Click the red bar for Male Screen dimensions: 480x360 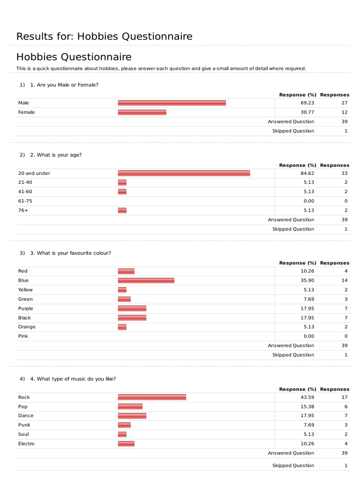pyautogui.click(x=172, y=103)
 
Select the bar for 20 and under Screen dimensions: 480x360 pyautogui.click(x=184, y=173)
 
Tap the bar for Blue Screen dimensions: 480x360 pyautogui.click(x=146, y=280)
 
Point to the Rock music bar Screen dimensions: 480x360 pyautogui.click(x=152, y=397)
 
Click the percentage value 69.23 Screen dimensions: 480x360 pyautogui.click(x=307, y=103)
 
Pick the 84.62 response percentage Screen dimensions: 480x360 pyautogui.click(x=307, y=173)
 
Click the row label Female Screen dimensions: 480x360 pyautogui.click(x=26, y=112)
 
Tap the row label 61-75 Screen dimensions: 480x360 pyautogui.click(x=25, y=201)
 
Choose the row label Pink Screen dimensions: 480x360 pyautogui.click(x=23, y=336)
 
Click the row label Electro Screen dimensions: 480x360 pyautogui.click(x=26, y=443)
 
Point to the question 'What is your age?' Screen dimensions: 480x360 pyautogui.click(x=56, y=155)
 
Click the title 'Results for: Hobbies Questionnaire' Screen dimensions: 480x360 pyautogui.click(x=104, y=37)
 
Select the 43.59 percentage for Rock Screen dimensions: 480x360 pyautogui.click(x=307, y=397)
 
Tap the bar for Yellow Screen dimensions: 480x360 pyautogui.click(x=122, y=290)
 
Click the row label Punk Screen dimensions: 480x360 pyautogui.click(x=24, y=425)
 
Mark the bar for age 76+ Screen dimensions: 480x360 pyautogui.click(x=122, y=210)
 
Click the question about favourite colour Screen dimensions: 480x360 pyautogui.click(x=70, y=253)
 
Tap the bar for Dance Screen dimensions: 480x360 pyautogui.click(x=132, y=416)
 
